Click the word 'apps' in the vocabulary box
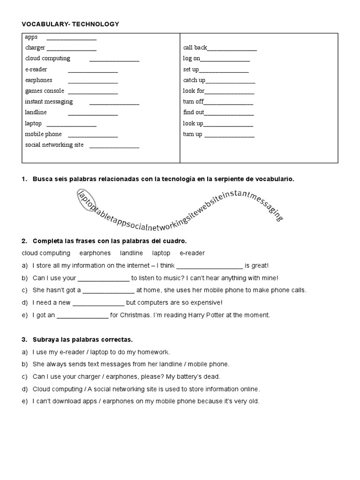(x=31, y=37)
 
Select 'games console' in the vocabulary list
(x=45, y=91)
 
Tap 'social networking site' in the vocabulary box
(x=54, y=145)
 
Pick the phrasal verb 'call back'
(x=195, y=48)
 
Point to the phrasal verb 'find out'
(x=193, y=112)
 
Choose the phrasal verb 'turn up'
(x=192, y=134)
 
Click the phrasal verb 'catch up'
(x=194, y=80)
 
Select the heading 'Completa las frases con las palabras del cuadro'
(x=110, y=241)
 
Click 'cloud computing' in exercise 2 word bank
(x=46, y=253)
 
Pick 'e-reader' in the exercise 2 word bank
(x=192, y=253)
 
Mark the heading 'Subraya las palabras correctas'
(x=82, y=339)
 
